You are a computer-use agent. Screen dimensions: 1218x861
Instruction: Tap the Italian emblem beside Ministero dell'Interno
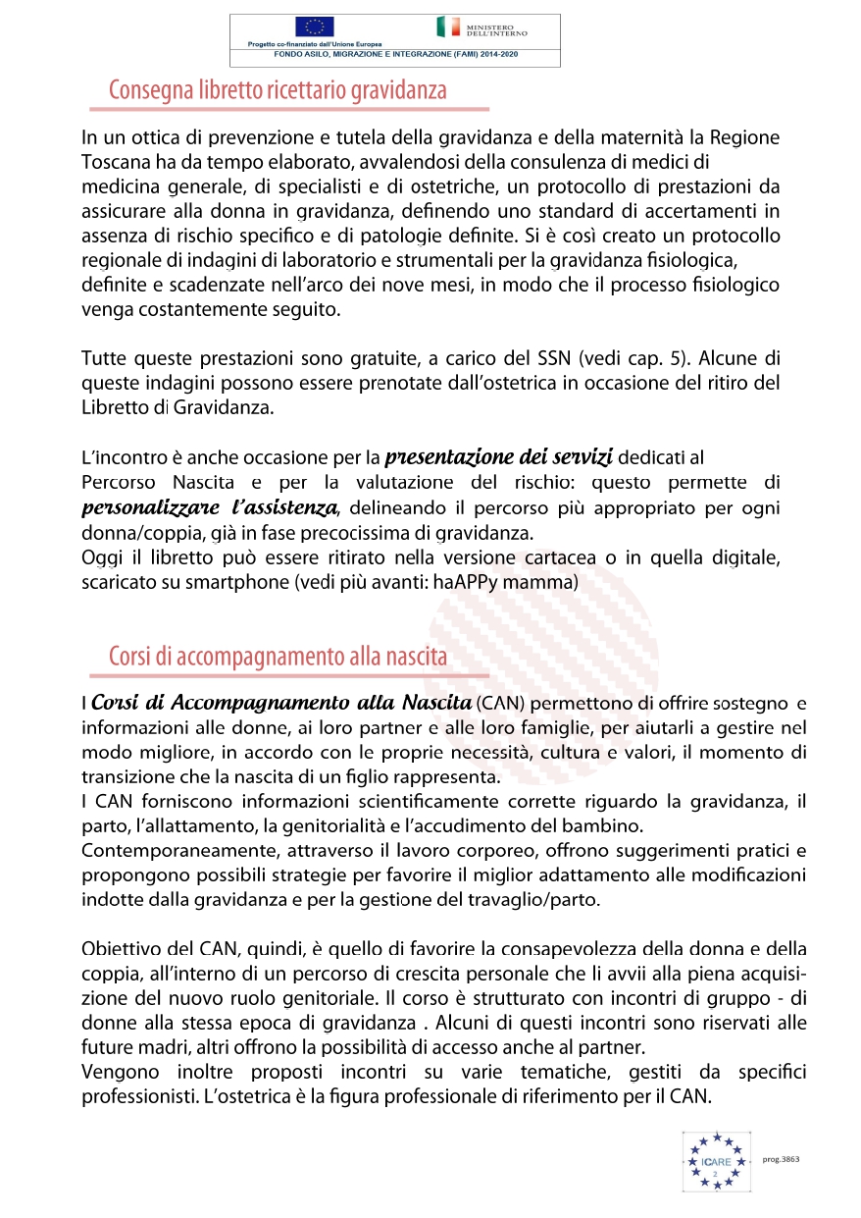click(x=445, y=26)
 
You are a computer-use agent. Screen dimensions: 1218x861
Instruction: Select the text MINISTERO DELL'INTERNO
click(x=497, y=29)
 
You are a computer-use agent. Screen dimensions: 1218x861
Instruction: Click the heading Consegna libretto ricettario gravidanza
click(x=278, y=91)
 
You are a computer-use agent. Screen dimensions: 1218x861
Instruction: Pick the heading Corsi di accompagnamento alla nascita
click(x=278, y=657)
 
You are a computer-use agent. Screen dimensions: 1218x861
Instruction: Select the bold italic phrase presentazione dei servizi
click(x=499, y=456)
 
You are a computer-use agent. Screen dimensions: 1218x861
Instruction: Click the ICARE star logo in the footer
click(x=716, y=1161)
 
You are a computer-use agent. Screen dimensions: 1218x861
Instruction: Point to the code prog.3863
click(x=781, y=1159)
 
